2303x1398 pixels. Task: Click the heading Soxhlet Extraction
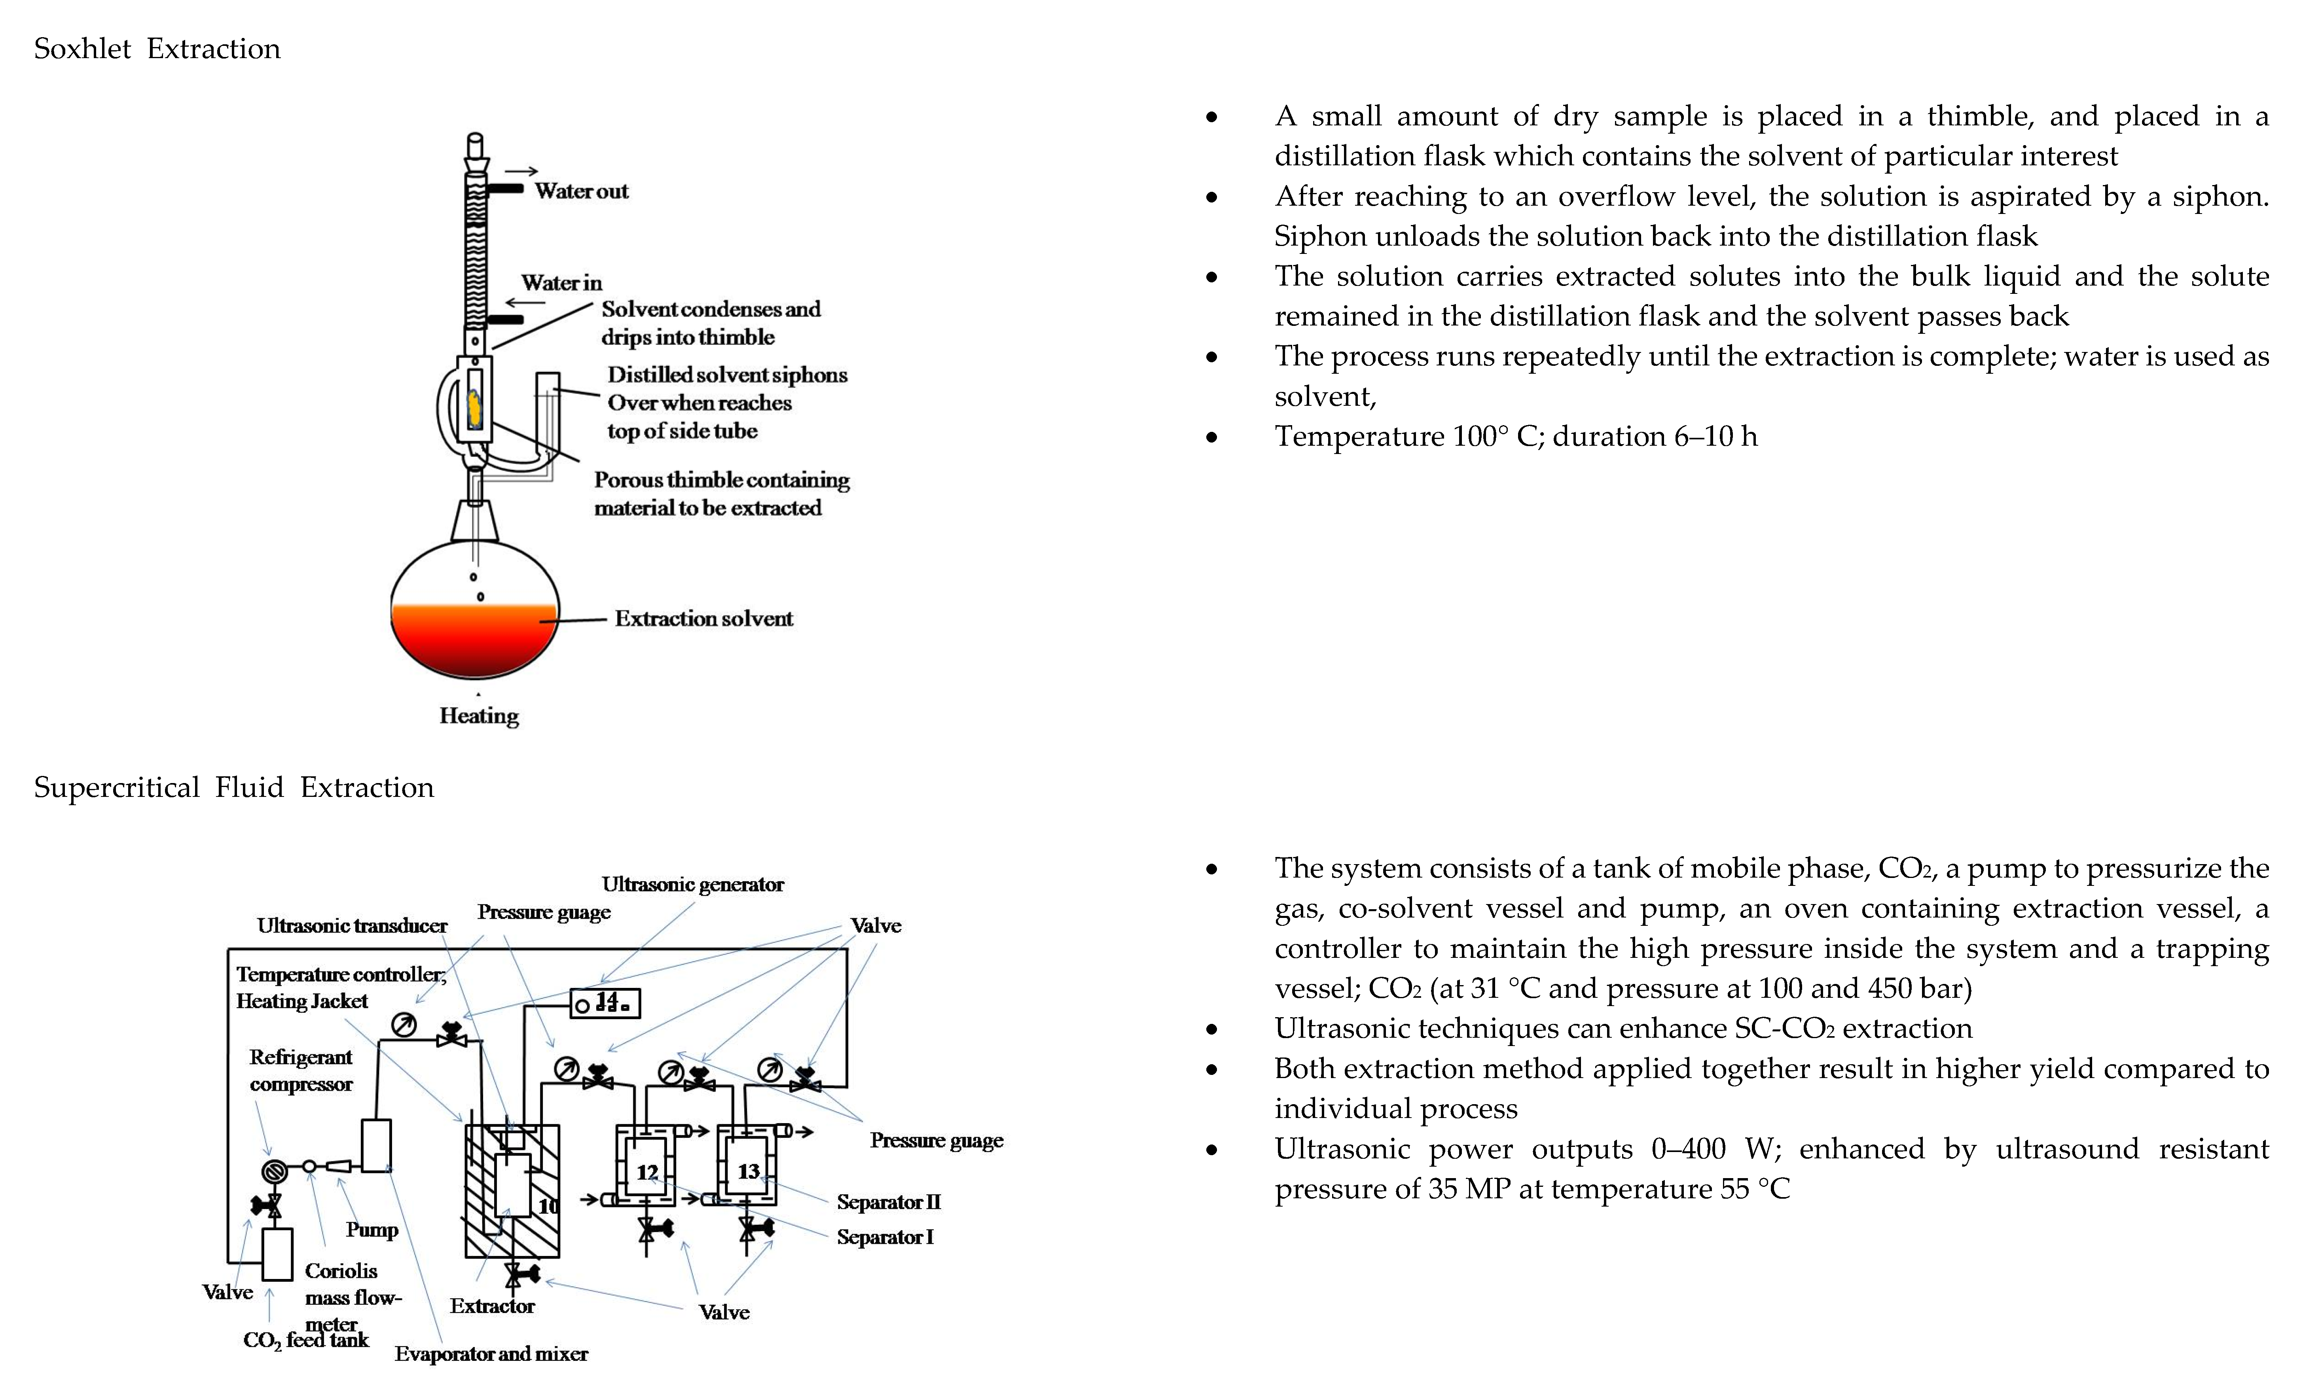click(x=157, y=49)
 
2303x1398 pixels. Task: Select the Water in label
click(x=561, y=282)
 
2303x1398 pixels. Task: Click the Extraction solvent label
click(x=703, y=619)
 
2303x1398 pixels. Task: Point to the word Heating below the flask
click(x=479, y=716)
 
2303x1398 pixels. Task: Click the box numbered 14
click(x=606, y=1004)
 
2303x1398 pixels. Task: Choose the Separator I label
click(x=884, y=1237)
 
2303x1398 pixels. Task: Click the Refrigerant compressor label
click(x=301, y=1070)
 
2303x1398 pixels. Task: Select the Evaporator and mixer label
click(x=491, y=1354)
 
